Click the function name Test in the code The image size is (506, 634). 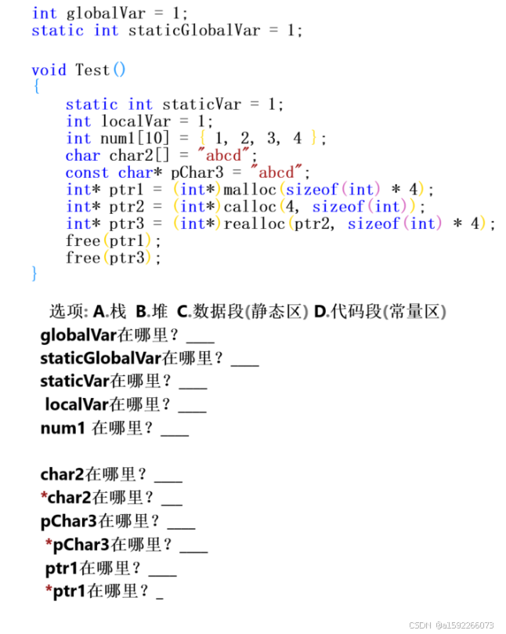(92, 70)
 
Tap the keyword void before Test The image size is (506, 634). (49, 70)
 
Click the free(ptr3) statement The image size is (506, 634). (114, 258)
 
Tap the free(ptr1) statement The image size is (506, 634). (114, 241)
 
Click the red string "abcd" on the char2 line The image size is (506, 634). (227, 155)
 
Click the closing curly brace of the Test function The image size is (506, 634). (34, 274)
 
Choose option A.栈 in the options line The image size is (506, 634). (110, 312)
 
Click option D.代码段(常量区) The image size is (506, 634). (380, 312)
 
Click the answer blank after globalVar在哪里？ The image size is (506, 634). (201, 338)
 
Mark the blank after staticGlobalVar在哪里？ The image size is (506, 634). (245, 360)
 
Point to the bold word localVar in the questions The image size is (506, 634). (76, 405)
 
